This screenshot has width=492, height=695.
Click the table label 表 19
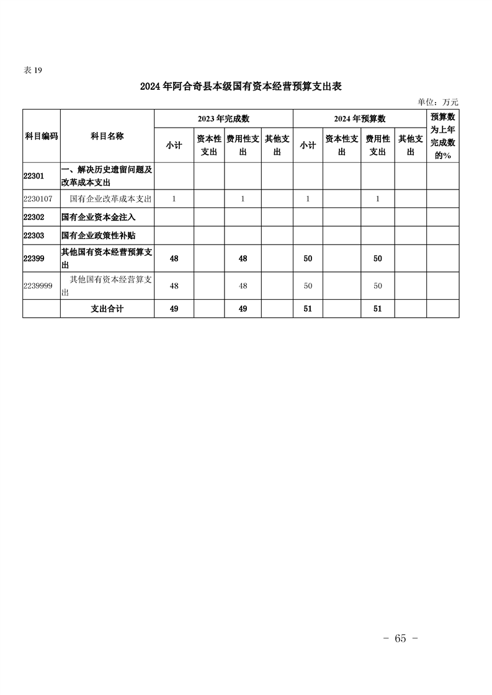(x=32, y=70)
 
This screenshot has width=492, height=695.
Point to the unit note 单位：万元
(x=438, y=102)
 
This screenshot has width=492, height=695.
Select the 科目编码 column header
(x=42, y=136)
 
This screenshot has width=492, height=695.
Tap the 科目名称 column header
(x=107, y=136)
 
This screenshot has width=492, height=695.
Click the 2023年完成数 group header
(x=223, y=119)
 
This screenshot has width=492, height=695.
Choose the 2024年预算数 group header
(x=360, y=119)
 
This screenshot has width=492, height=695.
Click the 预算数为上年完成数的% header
(x=443, y=136)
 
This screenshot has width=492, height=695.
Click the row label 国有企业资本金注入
(x=99, y=217)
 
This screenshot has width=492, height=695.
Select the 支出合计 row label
(x=107, y=308)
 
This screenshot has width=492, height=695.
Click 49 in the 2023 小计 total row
(x=174, y=308)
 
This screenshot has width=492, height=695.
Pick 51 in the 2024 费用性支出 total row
(x=377, y=308)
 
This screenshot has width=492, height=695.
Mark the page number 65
(x=400, y=639)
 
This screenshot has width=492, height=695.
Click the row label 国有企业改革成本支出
(x=111, y=199)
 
